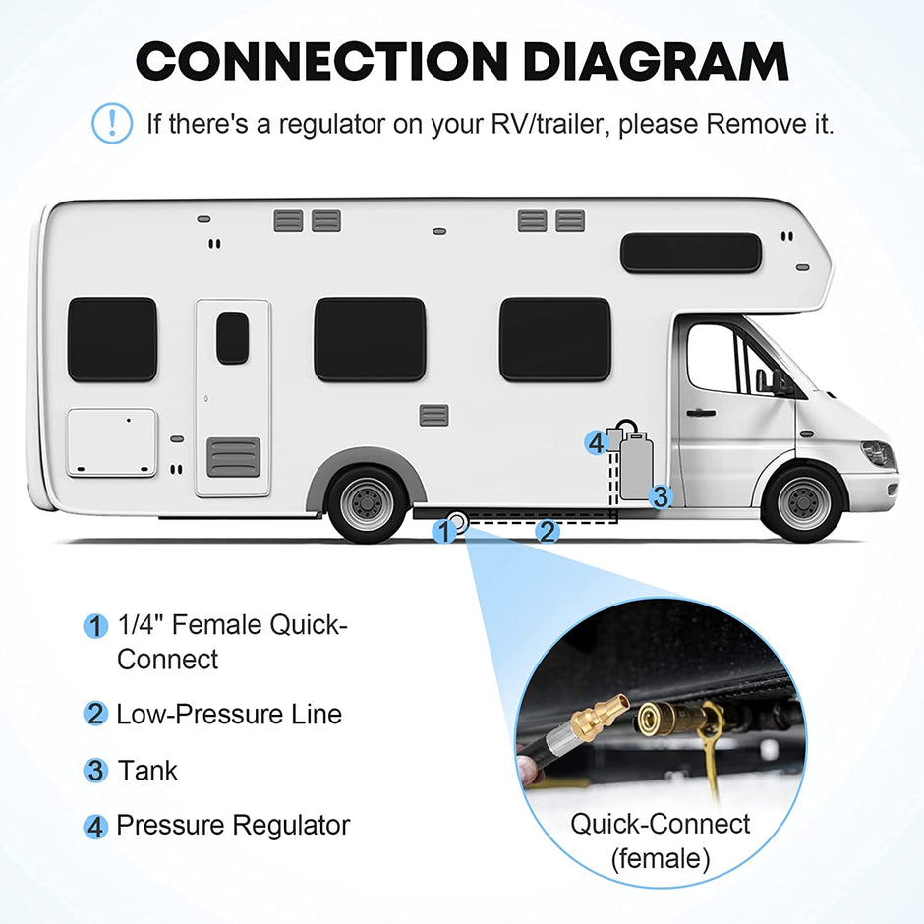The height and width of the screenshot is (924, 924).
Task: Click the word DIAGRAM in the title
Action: point(656,61)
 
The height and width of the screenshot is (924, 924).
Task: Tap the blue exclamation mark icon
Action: point(111,123)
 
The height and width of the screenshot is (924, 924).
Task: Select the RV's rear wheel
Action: point(368,503)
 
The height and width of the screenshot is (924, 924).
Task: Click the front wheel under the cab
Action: point(803,502)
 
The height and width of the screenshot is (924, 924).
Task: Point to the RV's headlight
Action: point(878,455)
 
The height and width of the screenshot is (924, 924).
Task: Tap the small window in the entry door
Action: point(232,338)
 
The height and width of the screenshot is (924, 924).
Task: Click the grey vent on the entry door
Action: point(233,457)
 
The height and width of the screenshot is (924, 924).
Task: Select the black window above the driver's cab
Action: point(690,253)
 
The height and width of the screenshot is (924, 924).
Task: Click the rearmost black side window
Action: point(112,339)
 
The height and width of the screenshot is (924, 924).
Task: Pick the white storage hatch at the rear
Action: point(111,442)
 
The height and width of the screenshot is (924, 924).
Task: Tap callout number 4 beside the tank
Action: point(595,442)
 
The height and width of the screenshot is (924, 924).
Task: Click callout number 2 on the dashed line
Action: point(547,532)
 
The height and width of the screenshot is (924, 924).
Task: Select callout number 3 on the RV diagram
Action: point(660,496)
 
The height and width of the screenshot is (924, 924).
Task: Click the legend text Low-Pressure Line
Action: point(229,714)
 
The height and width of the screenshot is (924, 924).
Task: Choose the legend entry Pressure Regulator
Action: point(233,826)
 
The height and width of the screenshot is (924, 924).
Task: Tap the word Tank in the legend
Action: point(147,770)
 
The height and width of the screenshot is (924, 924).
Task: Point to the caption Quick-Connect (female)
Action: point(660,840)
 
